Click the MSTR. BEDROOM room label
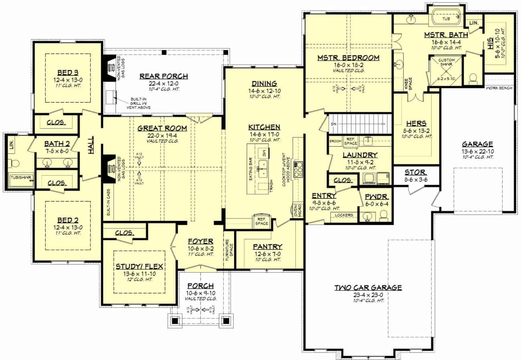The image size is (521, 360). point(348,58)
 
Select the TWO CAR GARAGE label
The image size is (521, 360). point(368,287)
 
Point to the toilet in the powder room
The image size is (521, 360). point(383,216)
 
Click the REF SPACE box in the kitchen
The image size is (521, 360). point(262,220)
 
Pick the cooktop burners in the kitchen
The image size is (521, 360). point(298,170)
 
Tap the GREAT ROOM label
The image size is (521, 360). point(162,128)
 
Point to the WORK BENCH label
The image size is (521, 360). point(499,88)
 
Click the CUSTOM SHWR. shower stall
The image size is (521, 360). point(445,71)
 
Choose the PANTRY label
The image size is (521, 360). point(267,247)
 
